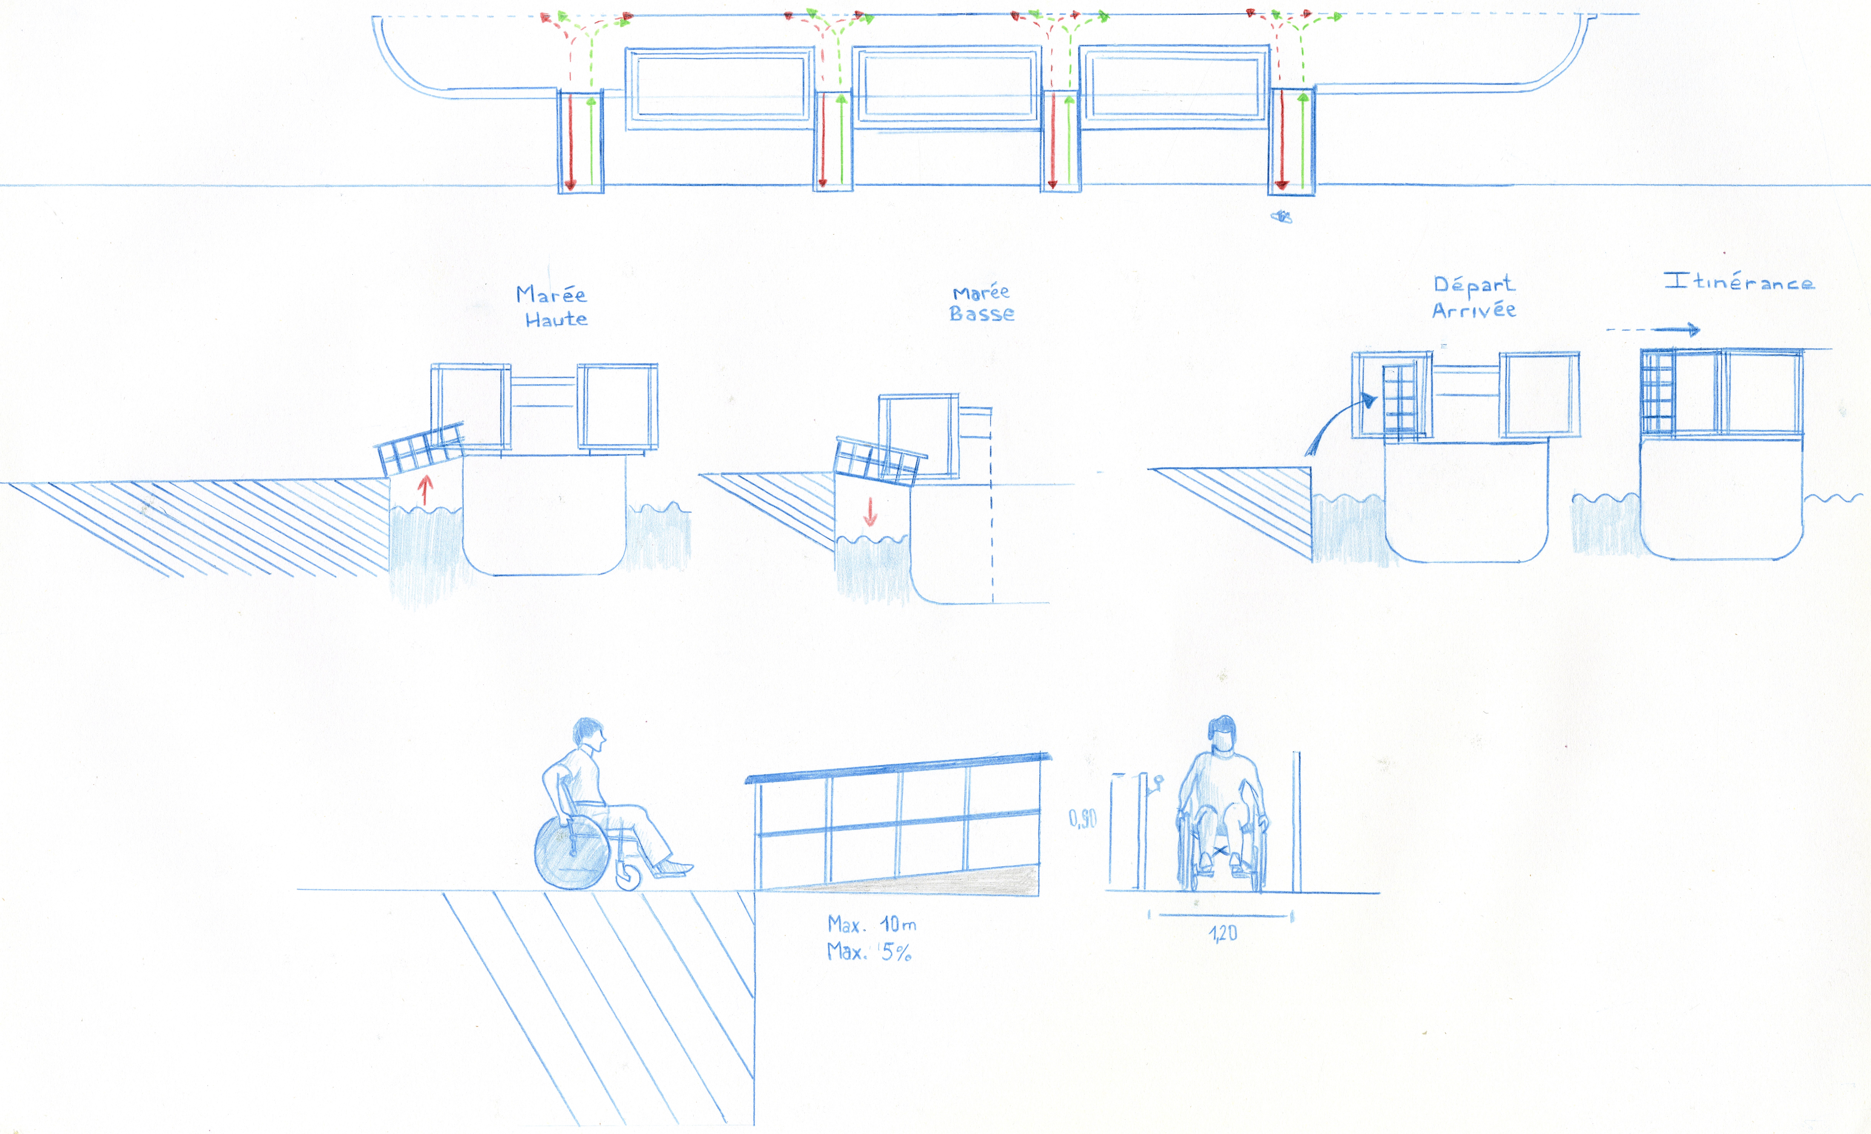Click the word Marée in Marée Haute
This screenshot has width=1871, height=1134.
(551, 295)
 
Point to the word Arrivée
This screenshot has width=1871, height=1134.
(1474, 310)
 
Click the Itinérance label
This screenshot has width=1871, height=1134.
(1739, 282)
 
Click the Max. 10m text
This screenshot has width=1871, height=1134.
(872, 924)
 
